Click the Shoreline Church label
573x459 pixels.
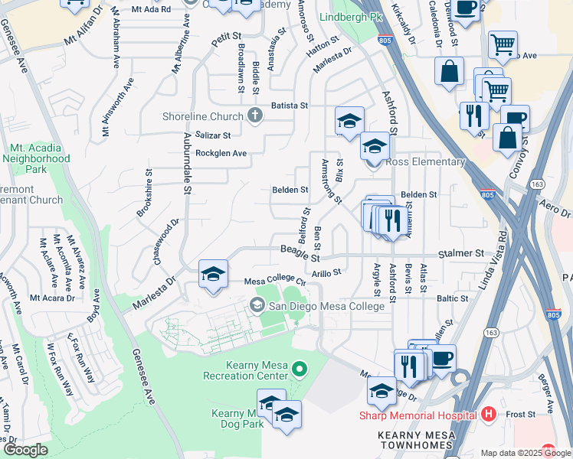pos(202,116)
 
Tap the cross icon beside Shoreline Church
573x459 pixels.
pos(255,116)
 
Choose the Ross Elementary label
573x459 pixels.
pos(426,162)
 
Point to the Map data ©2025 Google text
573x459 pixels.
pos(526,453)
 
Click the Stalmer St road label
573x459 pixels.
pos(461,253)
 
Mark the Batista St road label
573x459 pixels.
pos(288,106)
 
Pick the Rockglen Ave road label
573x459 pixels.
pos(221,154)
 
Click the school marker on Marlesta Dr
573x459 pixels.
pos(213,275)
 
